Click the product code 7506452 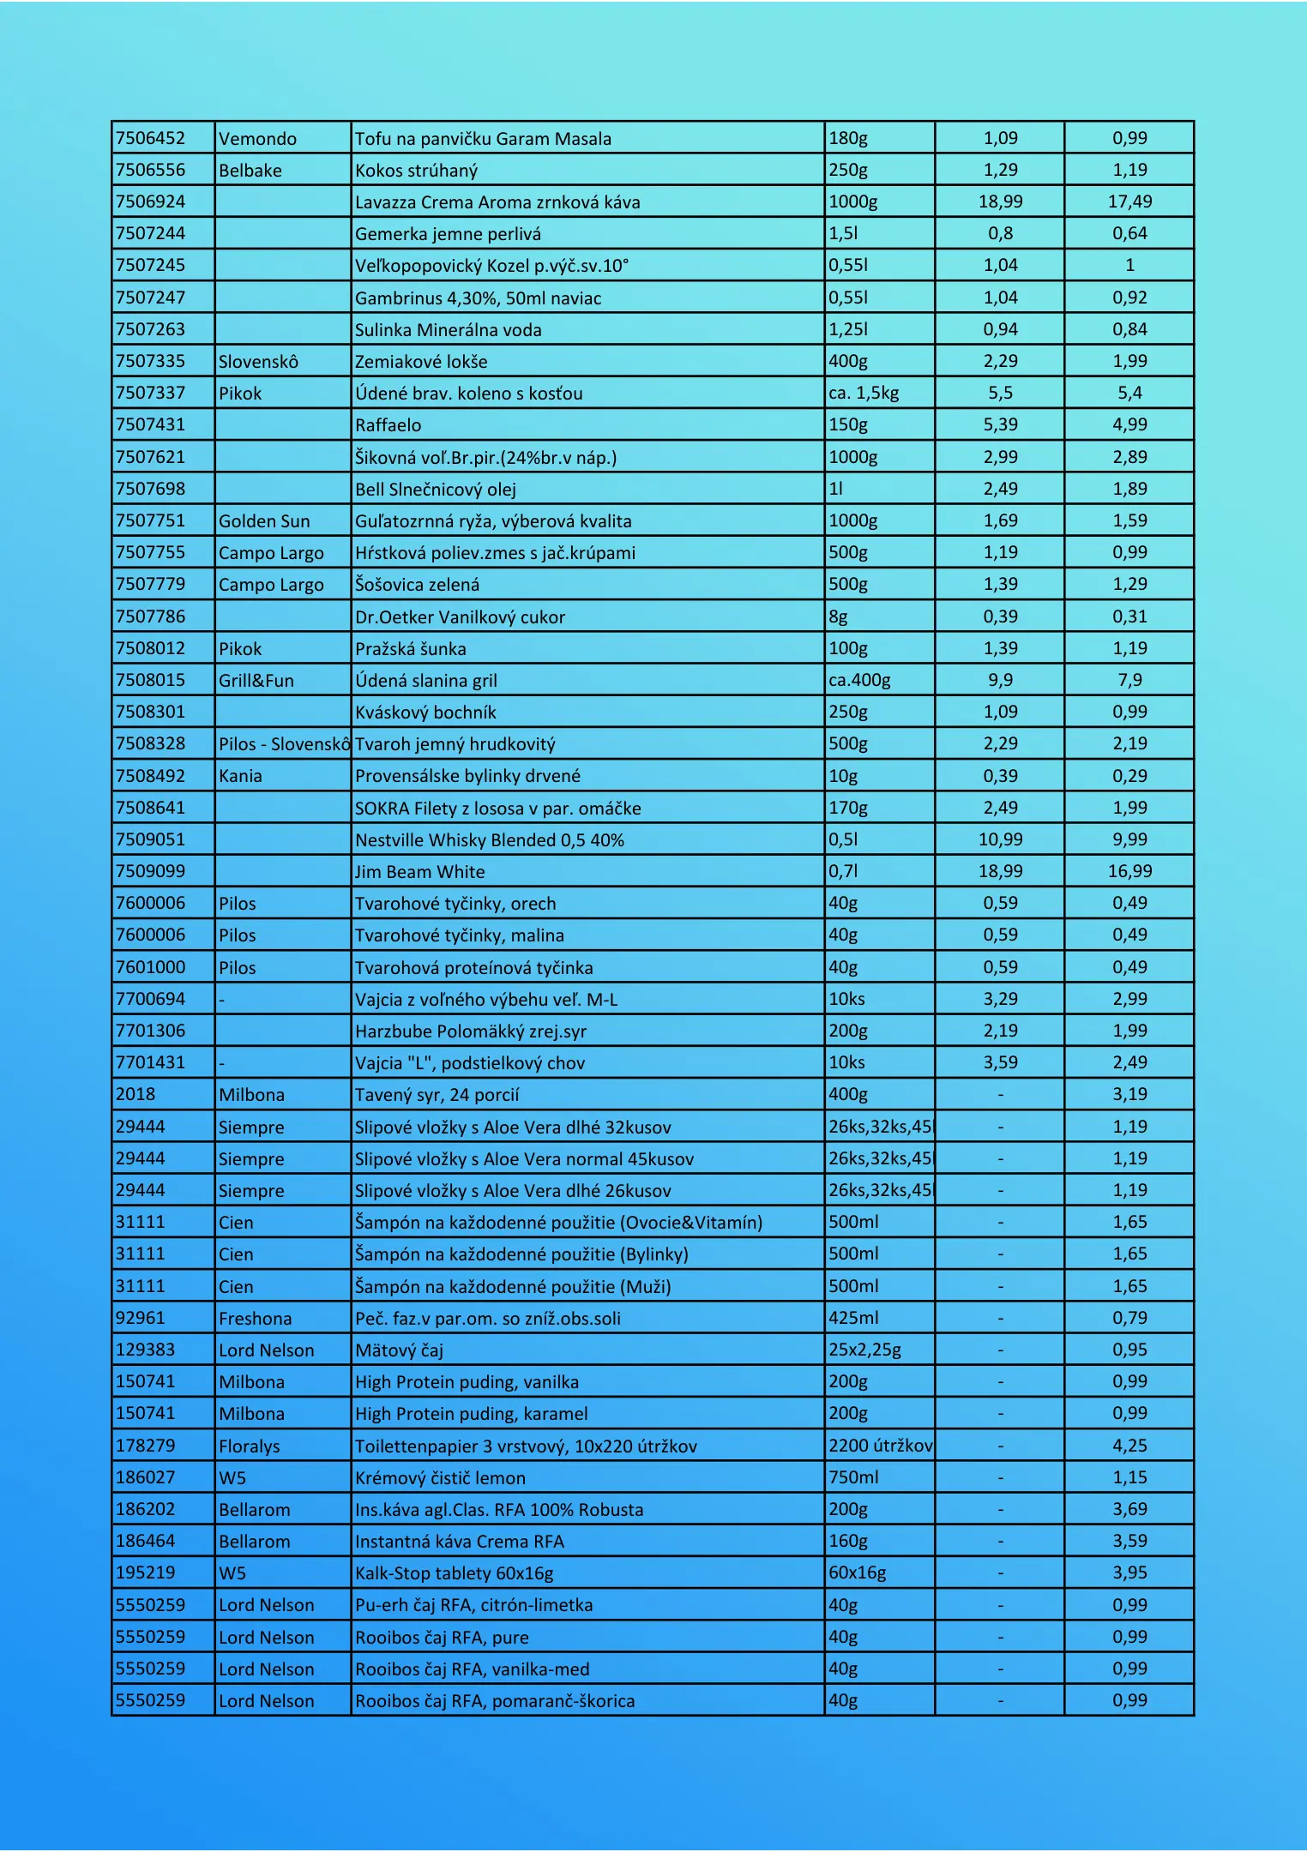(x=151, y=138)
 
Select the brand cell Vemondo (x=257, y=139)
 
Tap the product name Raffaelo (x=388, y=425)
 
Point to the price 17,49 (x=1129, y=201)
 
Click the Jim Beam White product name (x=420, y=872)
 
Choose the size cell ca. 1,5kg (x=864, y=394)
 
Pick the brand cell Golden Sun (x=264, y=521)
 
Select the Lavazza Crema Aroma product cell (x=497, y=202)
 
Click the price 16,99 (x=1129, y=871)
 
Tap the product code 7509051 (x=151, y=839)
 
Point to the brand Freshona (x=255, y=1319)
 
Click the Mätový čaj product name (x=400, y=1350)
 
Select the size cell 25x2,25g (x=864, y=1350)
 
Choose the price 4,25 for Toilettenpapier (x=1129, y=1446)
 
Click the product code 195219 (x=146, y=1572)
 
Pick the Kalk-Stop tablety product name (x=455, y=1573)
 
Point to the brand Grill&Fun (x=256, y=681)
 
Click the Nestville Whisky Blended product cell (x=490, y=840)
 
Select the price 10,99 (x=1000, y=839)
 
